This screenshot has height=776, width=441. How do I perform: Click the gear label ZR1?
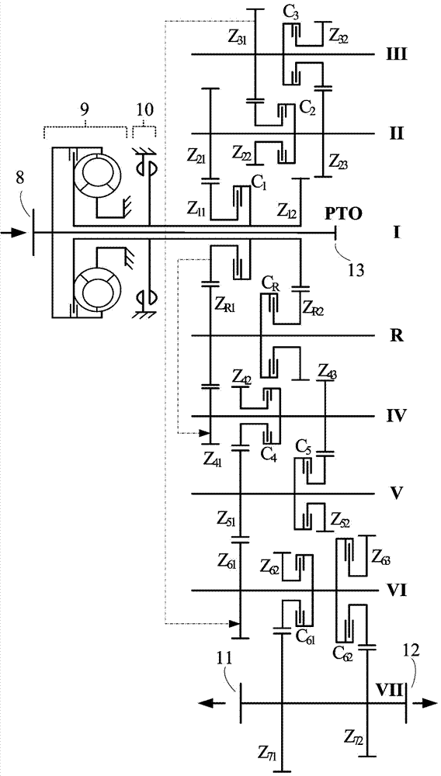pos(227,300)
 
